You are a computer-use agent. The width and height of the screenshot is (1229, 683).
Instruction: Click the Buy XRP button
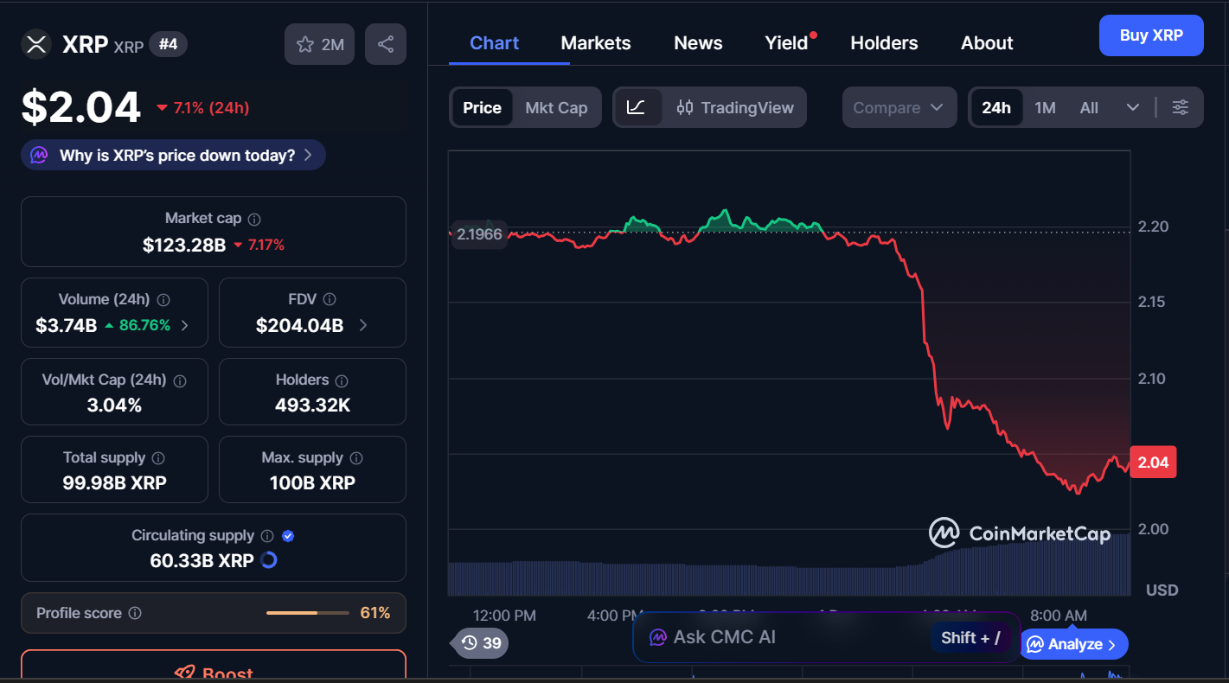click(x=1150, y=35)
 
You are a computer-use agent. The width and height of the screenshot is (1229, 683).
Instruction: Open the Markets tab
click(x=596, y=43)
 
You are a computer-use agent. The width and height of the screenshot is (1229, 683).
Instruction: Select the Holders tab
click(x=884, y=43)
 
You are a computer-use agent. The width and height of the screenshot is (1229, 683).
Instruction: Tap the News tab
click(x=698, y=43)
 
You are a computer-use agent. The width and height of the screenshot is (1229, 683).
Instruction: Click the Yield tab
click(x=786, y=43)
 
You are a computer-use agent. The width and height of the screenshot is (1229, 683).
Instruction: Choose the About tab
click(x=987, y=43)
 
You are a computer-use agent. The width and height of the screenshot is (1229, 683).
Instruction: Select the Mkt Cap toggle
click(x=556, y=108)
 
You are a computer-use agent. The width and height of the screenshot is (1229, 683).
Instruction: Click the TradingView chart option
click(x=735, y=108)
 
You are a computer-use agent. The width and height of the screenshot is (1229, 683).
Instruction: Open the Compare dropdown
click(x=899, y=108)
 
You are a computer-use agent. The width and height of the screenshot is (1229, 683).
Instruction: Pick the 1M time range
click(x=1045, y=108)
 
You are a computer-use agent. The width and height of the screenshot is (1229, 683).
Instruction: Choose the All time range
click(x=1089, y=108)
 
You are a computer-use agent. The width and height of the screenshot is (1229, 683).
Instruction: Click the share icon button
click(x=386, y=44)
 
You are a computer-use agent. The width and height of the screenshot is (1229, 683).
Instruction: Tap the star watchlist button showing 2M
click(x=320, y=44)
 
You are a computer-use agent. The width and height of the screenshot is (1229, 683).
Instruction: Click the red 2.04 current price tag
click(x=1153, y=463)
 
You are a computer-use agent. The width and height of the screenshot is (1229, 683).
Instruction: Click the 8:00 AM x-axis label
click(x=1058, y=616)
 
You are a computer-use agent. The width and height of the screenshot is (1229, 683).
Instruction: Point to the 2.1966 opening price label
click(x=479, y=234)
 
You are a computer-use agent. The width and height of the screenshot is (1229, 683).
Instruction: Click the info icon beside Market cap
click(x=254, y=220)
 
